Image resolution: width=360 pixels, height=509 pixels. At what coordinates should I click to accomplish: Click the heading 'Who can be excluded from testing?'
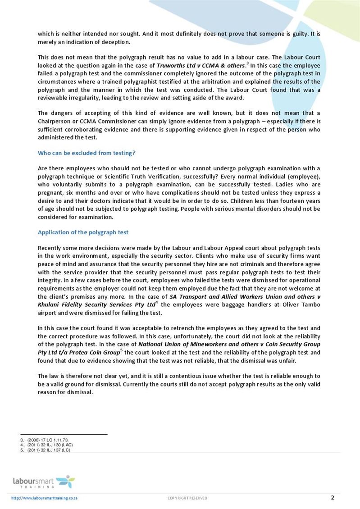pyautogui.click(x=87, y=153)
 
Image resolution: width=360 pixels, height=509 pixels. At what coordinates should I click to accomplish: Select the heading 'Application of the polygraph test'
pyautogui.click(x=83, y=232)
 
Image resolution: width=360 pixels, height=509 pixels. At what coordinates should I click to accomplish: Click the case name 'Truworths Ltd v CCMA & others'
pyautogui.click(x=200, y=65)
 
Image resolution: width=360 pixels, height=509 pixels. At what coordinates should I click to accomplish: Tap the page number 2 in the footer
pyautogui.click(x=333, y=497)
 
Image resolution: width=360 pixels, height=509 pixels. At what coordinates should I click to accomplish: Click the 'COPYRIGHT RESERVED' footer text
pyautogui.click(x=187, y=498)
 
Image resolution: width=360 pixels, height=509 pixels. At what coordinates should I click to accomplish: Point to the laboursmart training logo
pyautogui.click(x=44, y=482)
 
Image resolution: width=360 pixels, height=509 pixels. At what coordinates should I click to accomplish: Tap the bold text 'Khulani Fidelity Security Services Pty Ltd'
pyautogui.click(x=96, y=305)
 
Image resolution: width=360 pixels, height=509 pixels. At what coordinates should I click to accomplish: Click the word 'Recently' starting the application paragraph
pyautogui.click(x=50, y=248)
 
